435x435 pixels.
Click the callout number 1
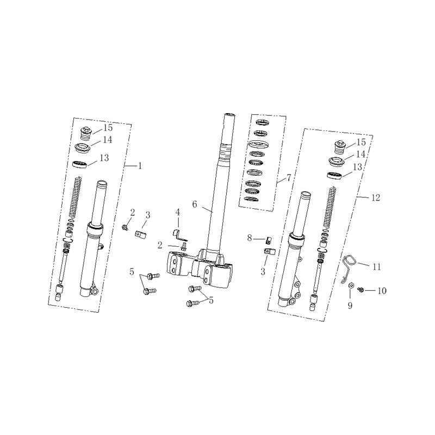click(x=140, y=166)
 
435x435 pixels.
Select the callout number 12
click(x=375, y=198)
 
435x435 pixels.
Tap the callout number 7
click(x=289, y=178)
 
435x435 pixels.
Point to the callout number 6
click(x=195, y=204)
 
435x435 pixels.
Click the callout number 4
click(x=178, y=213)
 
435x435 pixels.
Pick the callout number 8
click(x=250, y=238)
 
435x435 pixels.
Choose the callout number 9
click(x=350, y=306)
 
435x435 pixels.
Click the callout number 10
click(x=382, y=291)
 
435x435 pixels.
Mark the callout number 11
click(x=377, y=266)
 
